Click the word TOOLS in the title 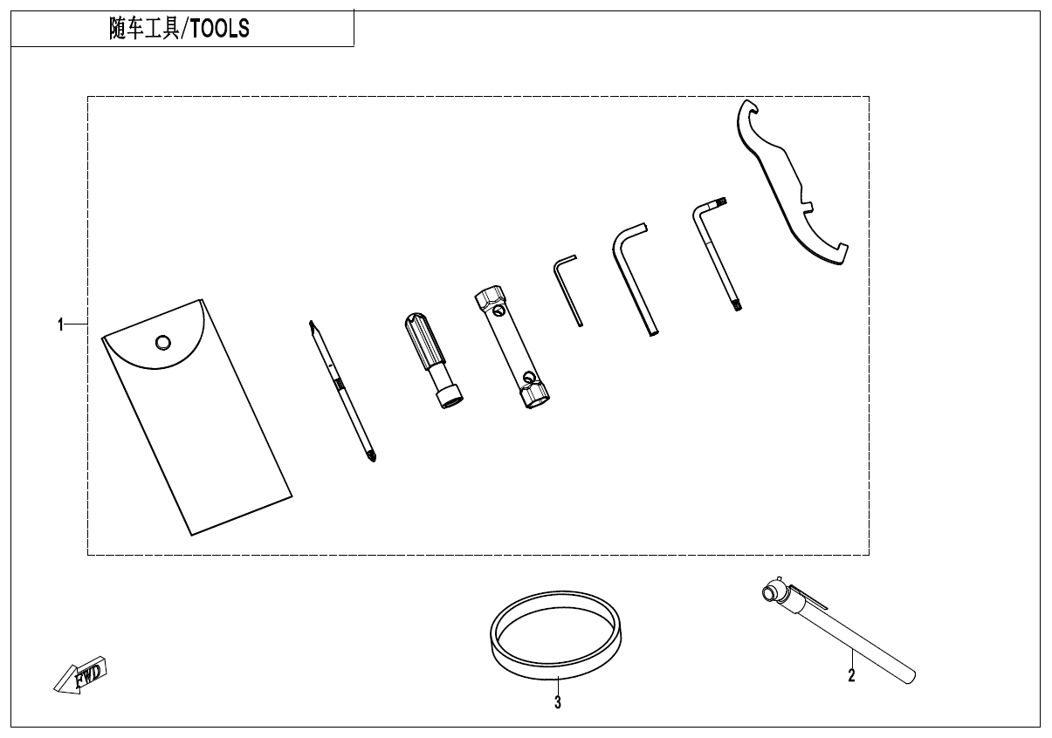click(x=219, y=29)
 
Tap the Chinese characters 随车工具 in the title click(x=145, y=29)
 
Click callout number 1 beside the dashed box click(x=60, y=325)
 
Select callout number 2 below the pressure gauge click(x=851, y=675)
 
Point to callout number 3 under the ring click(x=558, y=702)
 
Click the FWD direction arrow click(x=79, y=674)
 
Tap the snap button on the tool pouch click(x=163, y=342)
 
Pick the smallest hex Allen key click(x=567, y=290)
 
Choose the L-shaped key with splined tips click(x=714, y=253)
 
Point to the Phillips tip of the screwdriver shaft click(x=372, y=456)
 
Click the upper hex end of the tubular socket click(x=491, y=297)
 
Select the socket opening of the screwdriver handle click(x=450, y=400)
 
